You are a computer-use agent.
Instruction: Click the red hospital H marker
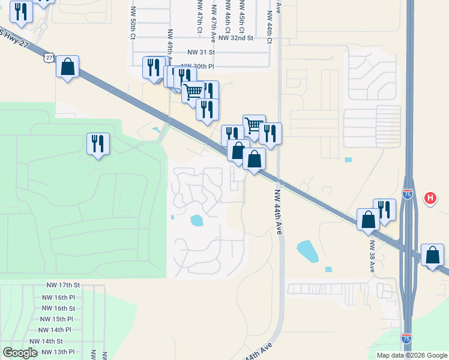[430, 197]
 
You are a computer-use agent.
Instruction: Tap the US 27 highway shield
[49, 57]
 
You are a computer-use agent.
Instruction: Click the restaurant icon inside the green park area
[98, 144]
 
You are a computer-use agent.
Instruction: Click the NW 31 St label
[201, 52]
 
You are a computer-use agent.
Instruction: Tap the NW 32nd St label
[237, 38]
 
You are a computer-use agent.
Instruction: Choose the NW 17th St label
[64, 287]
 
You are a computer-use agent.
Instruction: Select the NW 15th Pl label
[58, 319]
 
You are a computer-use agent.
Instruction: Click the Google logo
[20, 353]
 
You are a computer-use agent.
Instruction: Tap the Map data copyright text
[411, 355]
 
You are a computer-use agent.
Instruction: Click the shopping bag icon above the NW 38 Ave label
[368, 219]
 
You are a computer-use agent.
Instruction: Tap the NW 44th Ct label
[270, 31]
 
